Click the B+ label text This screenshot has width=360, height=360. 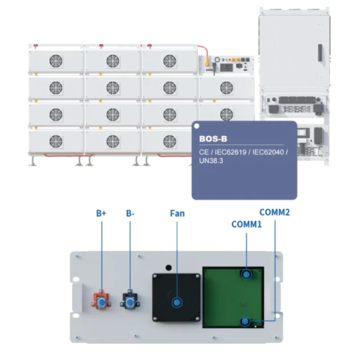pyautogui.click(x=101, y=213)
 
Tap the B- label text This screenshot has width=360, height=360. pyautogui.click(x=130, y=213)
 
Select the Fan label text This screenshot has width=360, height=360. pyautogui.click(x=177, y=213)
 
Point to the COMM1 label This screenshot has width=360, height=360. pyautogui.click(x=247, y=224)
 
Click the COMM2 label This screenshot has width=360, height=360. pyautogui.click(x=275, y=212)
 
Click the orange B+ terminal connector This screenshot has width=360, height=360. pyautogui.click(x=101, y=301)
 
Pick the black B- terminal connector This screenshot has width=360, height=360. pyautogui.click(x=130, y=301)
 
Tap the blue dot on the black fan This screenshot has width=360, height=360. pyautogui.click(x=177, y=302)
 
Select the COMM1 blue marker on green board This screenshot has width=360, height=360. pyautogui.click(x=247, y=274)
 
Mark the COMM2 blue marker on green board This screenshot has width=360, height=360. pyautogui.click(x=245, y=321)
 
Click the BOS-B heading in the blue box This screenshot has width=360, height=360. pyautogui.click(x=213, y=139)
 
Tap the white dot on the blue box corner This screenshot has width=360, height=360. pyautogui.click(x=197, y=126)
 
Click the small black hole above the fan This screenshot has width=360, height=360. pyautogui.click(x=169, y=268)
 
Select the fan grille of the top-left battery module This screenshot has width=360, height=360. pyautogui.click(x=56, y=61)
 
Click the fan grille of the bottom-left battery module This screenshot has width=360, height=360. pyautogui.click(x=56, y=141)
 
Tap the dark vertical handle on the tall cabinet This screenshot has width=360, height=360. pyautogui.click(x=320, y=53)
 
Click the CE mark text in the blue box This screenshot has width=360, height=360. pyautogui.click(x=204, y=152)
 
